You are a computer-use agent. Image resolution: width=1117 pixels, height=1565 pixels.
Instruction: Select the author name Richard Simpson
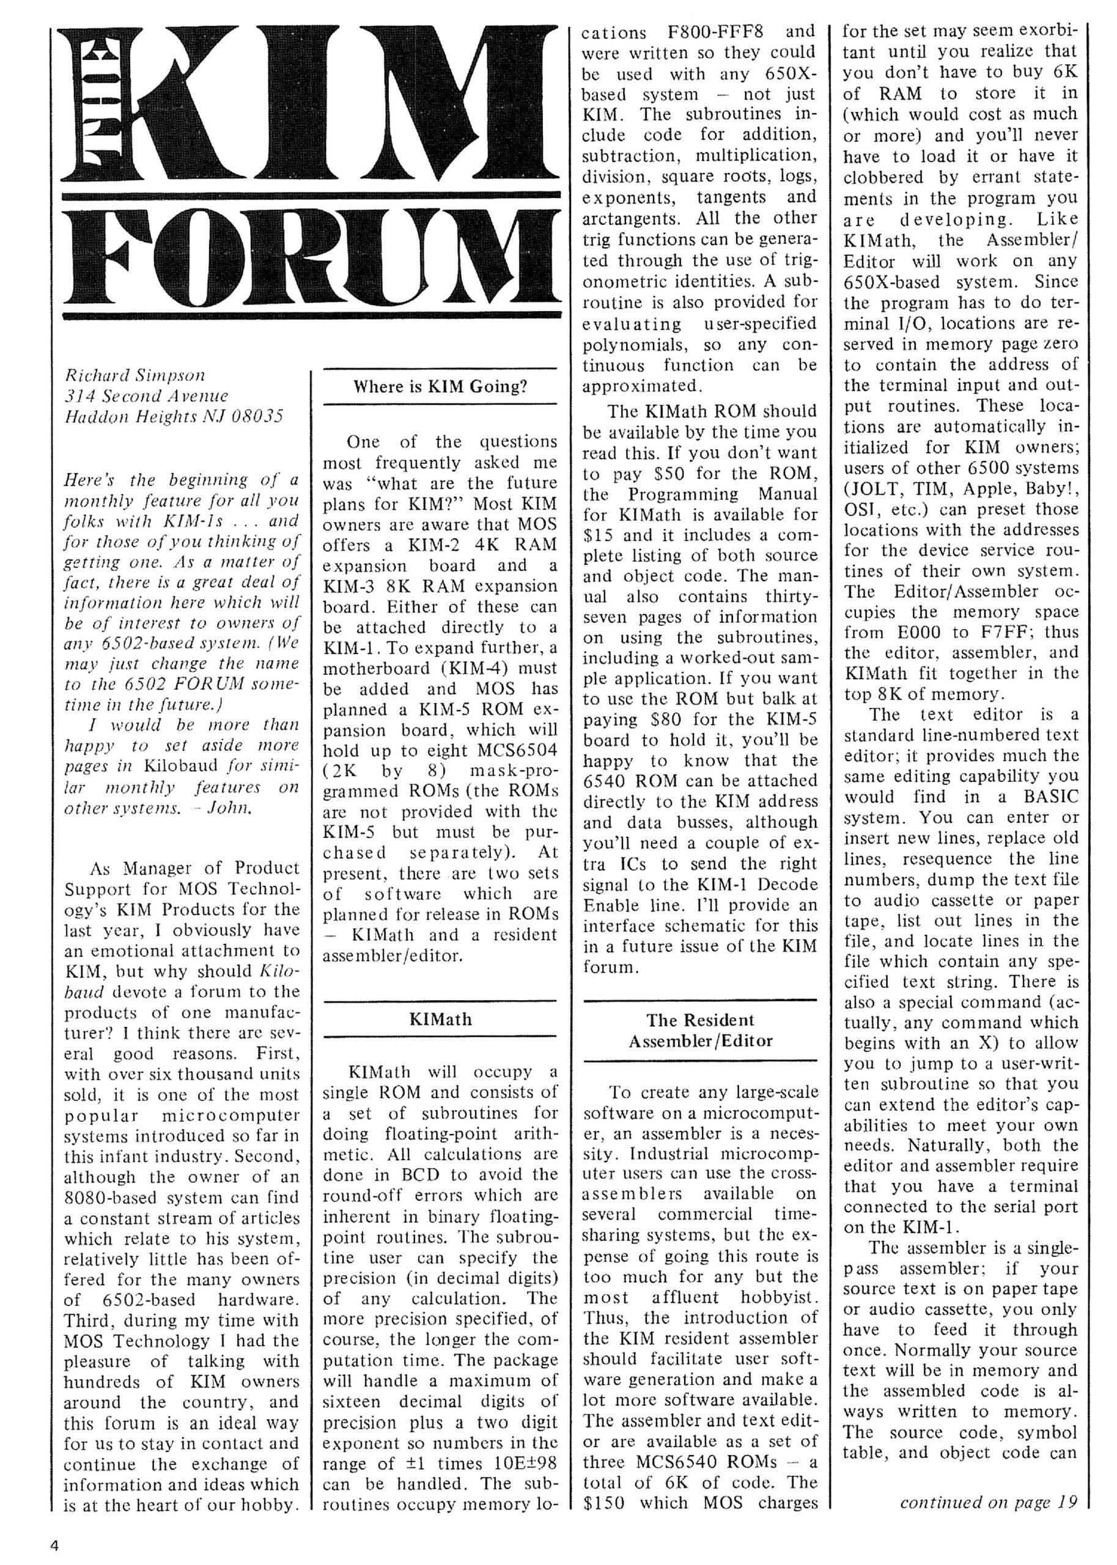[x=135, y=375]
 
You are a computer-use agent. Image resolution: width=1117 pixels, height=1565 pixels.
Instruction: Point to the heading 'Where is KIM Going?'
[x=440, y=386]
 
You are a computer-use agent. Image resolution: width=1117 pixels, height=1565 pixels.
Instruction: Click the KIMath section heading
[x=440, y=1018]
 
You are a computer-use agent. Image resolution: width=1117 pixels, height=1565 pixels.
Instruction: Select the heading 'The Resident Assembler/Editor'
[x=700, y=1030]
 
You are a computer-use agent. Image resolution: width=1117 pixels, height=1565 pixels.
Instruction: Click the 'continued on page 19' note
[x=988, y=1502]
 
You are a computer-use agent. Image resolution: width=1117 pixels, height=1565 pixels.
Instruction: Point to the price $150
[x=604, y=1503]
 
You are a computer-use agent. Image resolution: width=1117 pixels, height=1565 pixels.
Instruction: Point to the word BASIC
[x=1049, y=798]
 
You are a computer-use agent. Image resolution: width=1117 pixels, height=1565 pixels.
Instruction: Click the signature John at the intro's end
[x=229, y=808]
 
